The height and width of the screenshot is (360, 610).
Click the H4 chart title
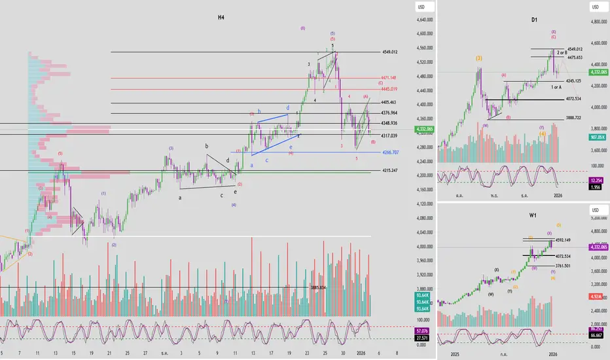pos(222,17)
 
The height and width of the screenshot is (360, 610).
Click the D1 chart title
pos(535,20)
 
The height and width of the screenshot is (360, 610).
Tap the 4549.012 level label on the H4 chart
pos(389,52)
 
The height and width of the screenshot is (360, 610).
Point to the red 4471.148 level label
pos(389,78)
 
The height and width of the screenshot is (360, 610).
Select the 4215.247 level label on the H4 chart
pos(389,171)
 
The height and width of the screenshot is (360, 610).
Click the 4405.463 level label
pos(389,103)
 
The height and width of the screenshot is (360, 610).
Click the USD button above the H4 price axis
pos(422,7)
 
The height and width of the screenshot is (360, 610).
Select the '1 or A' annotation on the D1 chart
pos(556,87)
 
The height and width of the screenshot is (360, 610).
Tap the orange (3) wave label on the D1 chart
pos(479,58)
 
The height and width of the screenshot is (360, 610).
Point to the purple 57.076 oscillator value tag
pos(422,331)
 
